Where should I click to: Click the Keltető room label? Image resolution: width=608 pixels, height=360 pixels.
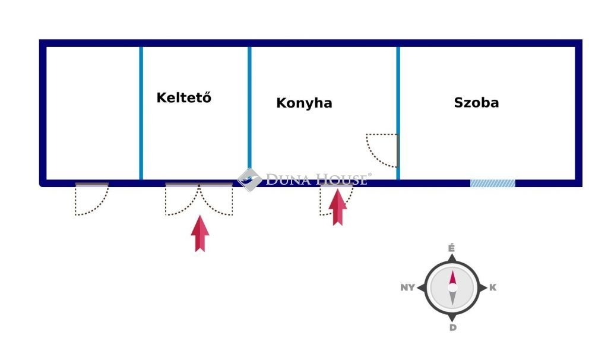click(x=184, y=97)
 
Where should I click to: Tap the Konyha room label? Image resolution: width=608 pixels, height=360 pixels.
click(x=304, y=103)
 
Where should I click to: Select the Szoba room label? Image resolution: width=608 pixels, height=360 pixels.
click(x=476, y=102)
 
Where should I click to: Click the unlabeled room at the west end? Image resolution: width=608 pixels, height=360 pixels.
click(x=93, y=113)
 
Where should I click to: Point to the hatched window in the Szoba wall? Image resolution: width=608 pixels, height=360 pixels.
click(x=492, y=183)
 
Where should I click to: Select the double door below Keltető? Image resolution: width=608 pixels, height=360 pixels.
click(x=199, y=198)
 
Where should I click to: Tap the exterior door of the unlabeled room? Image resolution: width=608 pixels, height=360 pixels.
click(x=92, y=198)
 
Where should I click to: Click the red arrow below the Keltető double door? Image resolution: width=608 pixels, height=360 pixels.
click(x=200, y=233)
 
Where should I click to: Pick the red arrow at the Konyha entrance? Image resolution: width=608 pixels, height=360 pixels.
click(x=337, y=207)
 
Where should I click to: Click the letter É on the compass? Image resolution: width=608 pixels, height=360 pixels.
click(x=451, y=248)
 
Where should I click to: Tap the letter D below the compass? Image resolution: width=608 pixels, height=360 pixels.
click(x=453, y=328)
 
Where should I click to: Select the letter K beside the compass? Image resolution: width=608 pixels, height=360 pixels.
click(x=492, y=288)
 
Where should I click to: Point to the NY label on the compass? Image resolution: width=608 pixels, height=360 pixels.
click(x=407, y=288)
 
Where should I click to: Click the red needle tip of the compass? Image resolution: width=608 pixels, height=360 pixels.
click(x=452, y=271)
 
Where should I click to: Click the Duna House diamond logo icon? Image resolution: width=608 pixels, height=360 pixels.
click(x=249, y=179)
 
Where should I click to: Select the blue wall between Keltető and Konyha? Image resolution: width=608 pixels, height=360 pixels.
click(x=249, y=113)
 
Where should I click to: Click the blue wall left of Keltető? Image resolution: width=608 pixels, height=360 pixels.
click(x=141, y=113)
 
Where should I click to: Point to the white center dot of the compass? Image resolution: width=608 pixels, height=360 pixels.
click(x=452, y=288)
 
